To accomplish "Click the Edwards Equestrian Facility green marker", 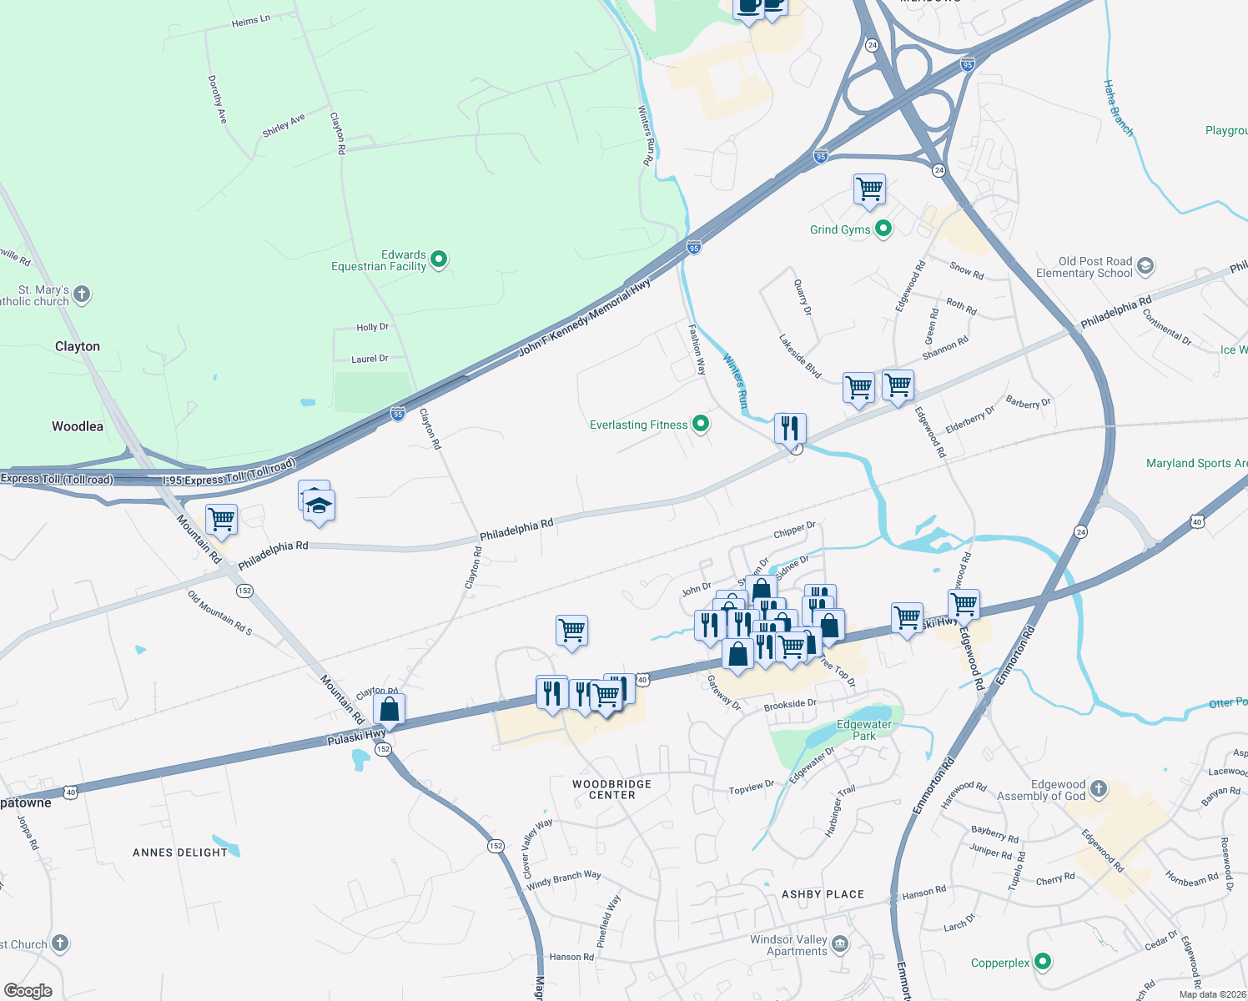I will click(439, 260).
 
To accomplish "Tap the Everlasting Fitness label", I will click(638, 425).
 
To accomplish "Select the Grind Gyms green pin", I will click(883, 229).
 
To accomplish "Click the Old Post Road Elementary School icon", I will click(1145, 267).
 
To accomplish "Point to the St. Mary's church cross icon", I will click(82, 294).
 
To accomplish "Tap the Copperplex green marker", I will click(1042, 963).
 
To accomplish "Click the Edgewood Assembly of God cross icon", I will click(1099, 789).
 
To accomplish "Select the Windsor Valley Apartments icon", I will click(840, 944).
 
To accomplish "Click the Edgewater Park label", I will click(864, 730).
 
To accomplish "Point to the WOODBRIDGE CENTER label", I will click(611, 789).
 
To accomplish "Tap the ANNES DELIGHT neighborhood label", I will click(180, 853).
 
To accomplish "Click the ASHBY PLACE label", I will click(823, 894).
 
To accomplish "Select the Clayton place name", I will click(78, 346).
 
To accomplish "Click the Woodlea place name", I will click(78, 426).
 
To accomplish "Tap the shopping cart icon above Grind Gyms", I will click(869, 189).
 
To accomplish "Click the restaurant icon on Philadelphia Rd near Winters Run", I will click(789, 428).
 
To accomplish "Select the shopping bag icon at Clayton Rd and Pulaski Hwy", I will click(389, 709).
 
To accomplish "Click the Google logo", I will click(28, 990).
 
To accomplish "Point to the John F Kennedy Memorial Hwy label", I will click(584, 319).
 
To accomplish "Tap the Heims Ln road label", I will click(250, 21).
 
